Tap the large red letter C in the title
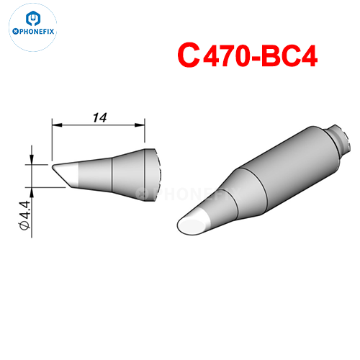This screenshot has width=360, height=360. pyautogui.click(x=189, y=55)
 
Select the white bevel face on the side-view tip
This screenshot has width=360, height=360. pyautogui.click(x=63, y=174)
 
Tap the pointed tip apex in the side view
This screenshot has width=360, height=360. pyautogui.click(x=53, y=166)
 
